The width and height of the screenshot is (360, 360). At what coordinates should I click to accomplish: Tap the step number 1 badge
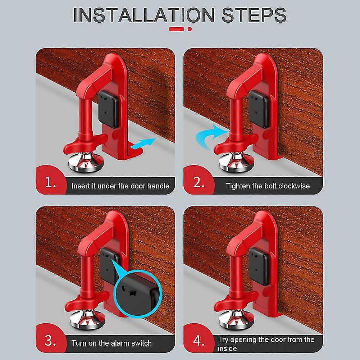50,184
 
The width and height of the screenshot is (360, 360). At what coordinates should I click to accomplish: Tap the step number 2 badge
198,184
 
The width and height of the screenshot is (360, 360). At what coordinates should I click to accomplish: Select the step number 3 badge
50,341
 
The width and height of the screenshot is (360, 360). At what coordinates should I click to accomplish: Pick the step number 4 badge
198,341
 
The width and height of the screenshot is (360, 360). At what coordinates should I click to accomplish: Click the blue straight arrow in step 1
142,144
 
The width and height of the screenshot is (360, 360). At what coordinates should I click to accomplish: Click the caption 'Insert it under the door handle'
120,186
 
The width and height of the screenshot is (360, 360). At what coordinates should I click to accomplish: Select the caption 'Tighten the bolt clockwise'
268,186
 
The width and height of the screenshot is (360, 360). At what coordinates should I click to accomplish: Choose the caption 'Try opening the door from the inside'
266,344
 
